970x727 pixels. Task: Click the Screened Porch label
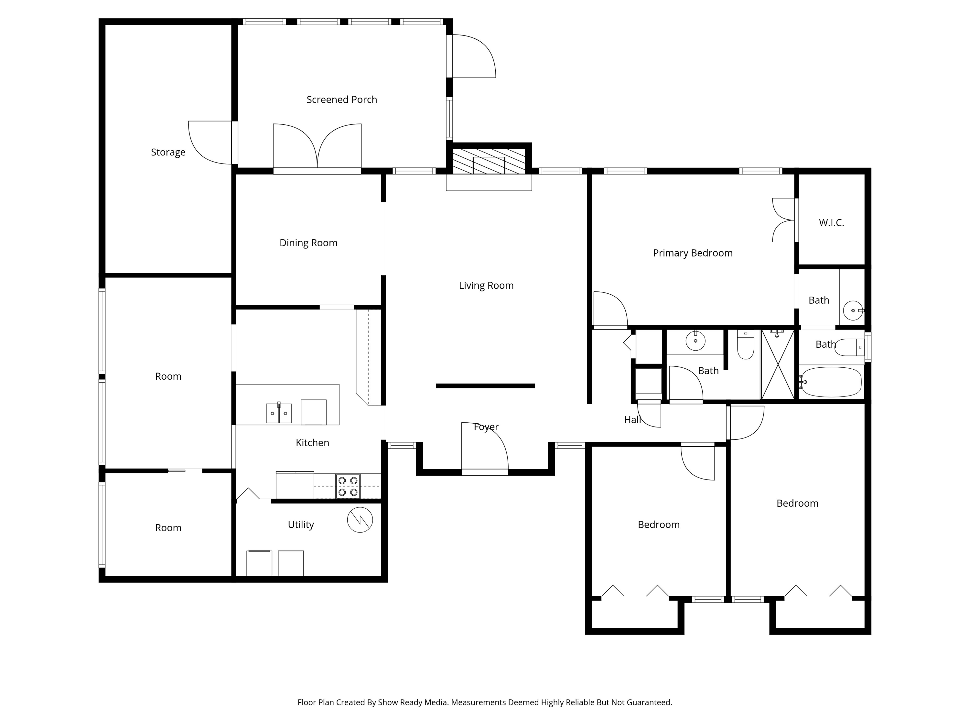[x=342, y=100]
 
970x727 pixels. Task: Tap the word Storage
[x=168, y=153]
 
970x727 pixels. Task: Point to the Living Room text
[x=486, y=286]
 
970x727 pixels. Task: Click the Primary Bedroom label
[x=693, y=253]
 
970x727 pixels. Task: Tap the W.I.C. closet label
[x=831, y=223]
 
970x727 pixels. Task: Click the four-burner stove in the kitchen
[x=348, y=486]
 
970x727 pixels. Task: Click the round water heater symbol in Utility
[x=360, y=520]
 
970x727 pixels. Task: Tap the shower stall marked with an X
[x=778, y=364]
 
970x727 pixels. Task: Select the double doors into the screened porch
[x=317, y=147]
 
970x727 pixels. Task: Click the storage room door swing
[x=210, y=142]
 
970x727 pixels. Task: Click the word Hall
[x=632, y=420]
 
